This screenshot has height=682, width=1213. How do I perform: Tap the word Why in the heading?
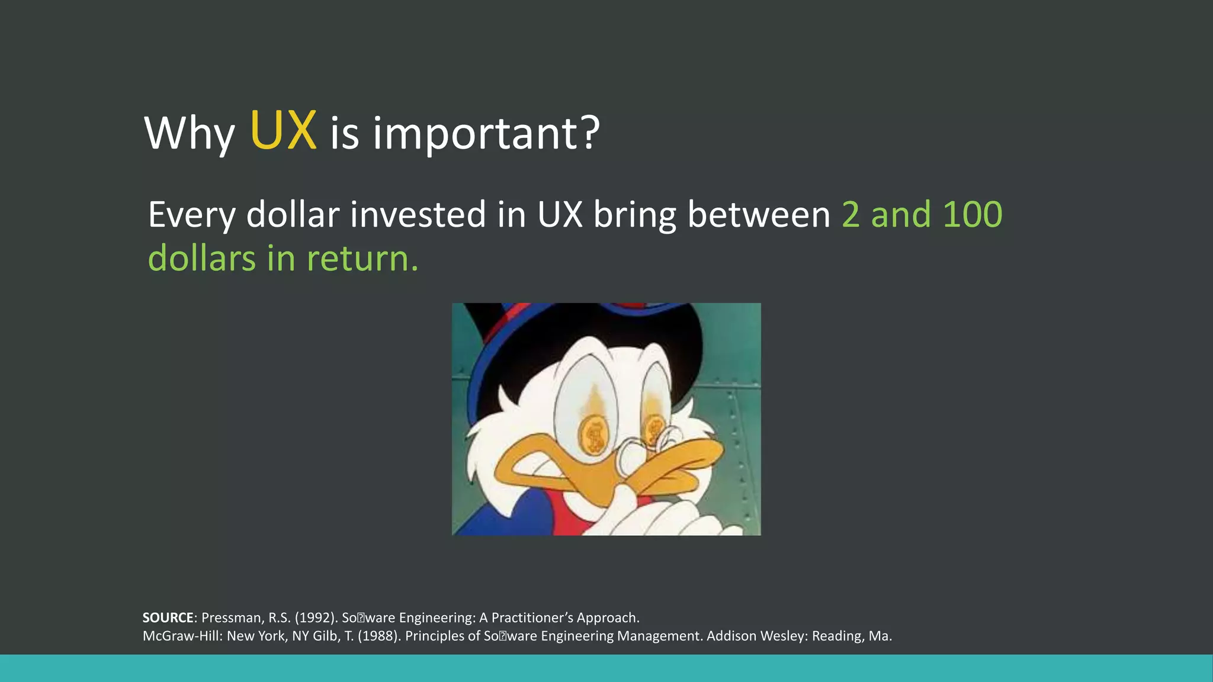click(190, 134)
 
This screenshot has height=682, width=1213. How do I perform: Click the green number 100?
click(972, 214)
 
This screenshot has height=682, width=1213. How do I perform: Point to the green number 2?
click(851, 214)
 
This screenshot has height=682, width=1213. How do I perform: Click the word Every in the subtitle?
click(192, 215)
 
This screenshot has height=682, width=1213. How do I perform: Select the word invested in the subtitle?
click(418, 214)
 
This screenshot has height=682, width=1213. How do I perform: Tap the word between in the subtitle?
click(759, 214)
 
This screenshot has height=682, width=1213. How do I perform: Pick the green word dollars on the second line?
click(201, 259)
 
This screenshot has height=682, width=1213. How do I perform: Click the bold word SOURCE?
click(168, 618)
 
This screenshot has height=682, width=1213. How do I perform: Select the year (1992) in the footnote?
click(316, 618)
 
